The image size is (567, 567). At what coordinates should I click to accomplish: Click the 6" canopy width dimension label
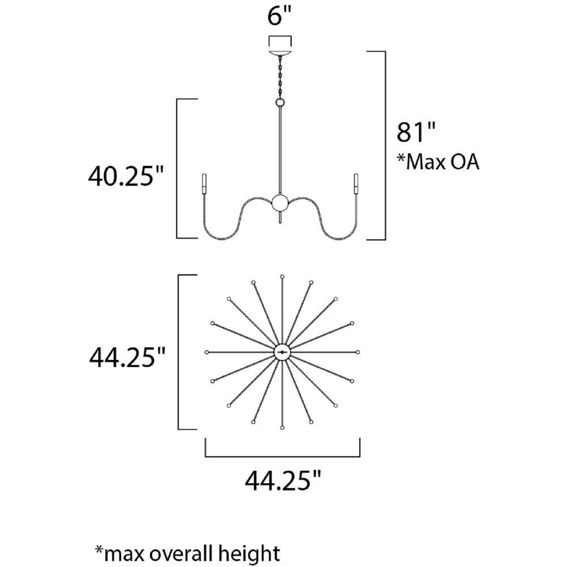pos(279,16)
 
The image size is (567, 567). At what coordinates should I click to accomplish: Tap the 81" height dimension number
pos(416,132)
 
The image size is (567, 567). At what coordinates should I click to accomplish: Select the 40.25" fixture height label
pos(126,176)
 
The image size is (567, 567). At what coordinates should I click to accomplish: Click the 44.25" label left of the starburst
pos(127,357)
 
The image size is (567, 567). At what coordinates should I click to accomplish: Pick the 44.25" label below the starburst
pos(283,481)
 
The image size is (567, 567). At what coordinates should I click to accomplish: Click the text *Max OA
pos(438,162)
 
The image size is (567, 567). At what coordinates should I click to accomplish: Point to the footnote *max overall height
pos(187,553)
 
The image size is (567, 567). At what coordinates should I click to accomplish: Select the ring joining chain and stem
pos(280,103)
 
